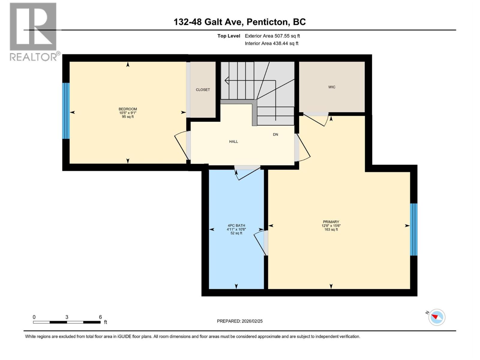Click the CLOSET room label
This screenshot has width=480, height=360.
pyautogui.click(x=203, y=90)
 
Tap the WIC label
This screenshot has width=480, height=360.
pyautogui.click(x=331, y=87)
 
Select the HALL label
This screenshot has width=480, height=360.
pyautogui.click(x=233, y=142)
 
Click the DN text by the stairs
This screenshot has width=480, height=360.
pyautogui.click(x=275, y=134)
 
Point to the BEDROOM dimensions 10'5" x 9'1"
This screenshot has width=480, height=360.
pyautogui.click(x=128, y=113)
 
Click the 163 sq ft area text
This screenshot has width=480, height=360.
pyautogui.click(x=331, y=229)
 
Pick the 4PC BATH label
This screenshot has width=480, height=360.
pyautogui.click(x=236, y=226)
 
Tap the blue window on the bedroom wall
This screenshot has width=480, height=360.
pyautogui.click(x=66, y=111)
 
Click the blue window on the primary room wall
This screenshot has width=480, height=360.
pyautogui.click(x=414, y=229)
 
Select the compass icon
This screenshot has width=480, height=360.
pyautogui.click(x=437, y=317)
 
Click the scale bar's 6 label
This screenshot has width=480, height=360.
pyautogui.click(x=100, y=317)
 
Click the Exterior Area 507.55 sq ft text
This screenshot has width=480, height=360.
pyautogui.click(x=272, y=36)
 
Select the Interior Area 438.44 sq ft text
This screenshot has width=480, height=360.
pyautogui.click(x=271, y=43)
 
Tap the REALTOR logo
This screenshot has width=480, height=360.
pyautogui.click(x=34, y=31)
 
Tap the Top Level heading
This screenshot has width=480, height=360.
pyautogui.click(x=229, y=36)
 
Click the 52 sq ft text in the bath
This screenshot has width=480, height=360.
pyautogui.click(x=236, y=233)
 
